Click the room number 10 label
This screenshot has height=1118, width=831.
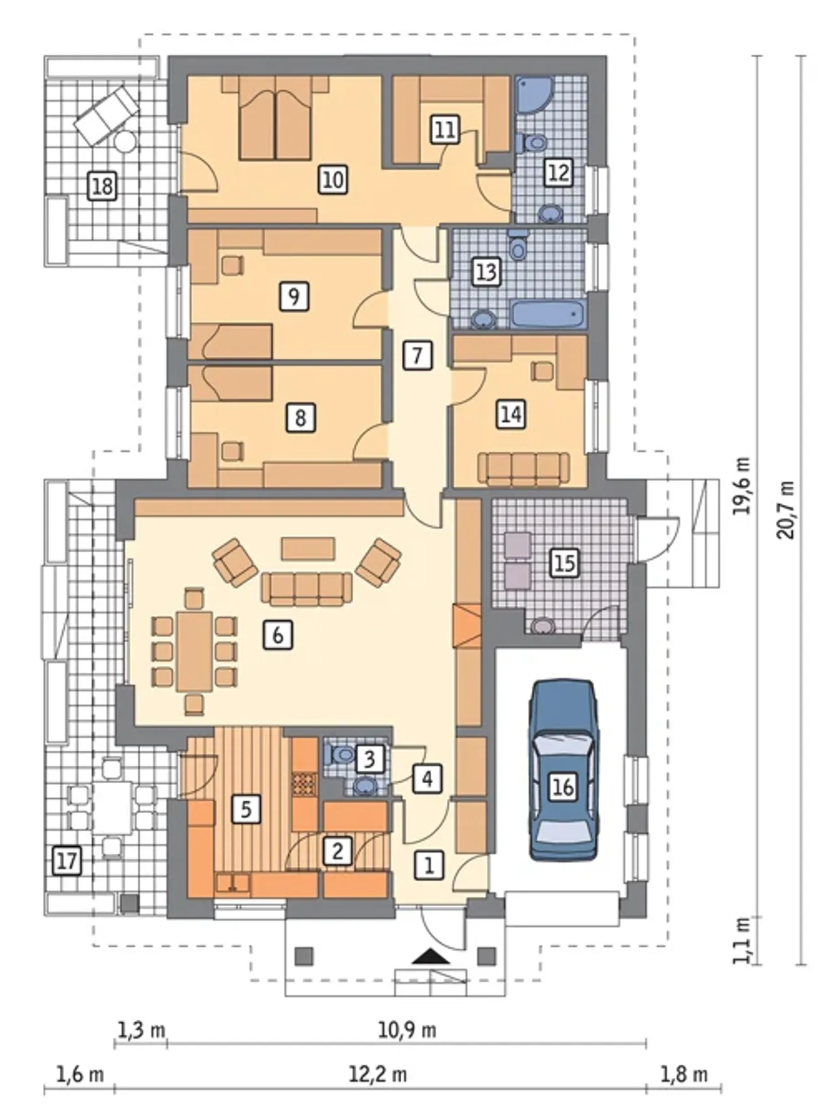pos(332,179)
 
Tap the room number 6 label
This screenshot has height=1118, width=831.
pos(277,635)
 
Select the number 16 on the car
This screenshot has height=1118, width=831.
pos(562,786)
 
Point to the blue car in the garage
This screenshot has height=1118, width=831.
pos(562,770)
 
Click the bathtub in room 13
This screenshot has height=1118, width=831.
pos(549,314)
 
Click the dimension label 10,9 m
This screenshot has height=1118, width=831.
pos(407,1030)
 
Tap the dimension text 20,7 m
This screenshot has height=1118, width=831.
pos(787,510)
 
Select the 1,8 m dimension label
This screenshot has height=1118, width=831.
pos(684,1075)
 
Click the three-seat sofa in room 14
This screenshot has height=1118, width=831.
pos(523,468)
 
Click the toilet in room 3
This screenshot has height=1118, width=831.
pos(338,754)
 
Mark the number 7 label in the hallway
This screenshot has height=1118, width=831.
pos(417,356)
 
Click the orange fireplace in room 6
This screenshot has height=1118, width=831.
pos(467,626)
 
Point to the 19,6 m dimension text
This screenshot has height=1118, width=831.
pos(741,485)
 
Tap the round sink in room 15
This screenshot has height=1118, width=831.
pos(543,626)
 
